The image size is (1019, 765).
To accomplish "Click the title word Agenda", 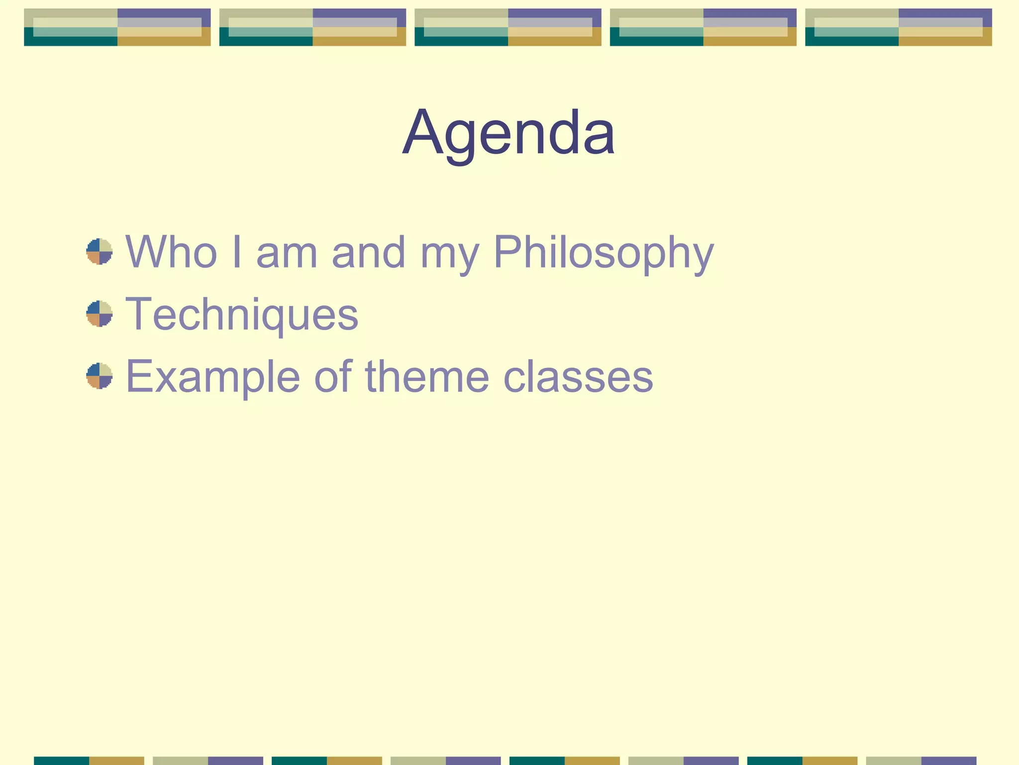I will pos(509,133).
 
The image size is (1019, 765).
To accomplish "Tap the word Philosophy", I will pos(604,253).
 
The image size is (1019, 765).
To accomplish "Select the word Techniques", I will pos(242,314).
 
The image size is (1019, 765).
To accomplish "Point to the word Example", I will pos(213,377).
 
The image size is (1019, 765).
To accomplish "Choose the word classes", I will pos(578,377).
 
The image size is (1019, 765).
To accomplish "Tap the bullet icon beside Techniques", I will pos(100,314).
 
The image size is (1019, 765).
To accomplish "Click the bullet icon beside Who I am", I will pos(100,252).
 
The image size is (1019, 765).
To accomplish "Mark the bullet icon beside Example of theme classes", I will pos(100,376).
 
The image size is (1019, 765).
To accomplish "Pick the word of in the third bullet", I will pos(333,377).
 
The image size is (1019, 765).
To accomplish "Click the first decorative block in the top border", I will pos(117,27).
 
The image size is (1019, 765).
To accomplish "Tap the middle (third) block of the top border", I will pos(508,27).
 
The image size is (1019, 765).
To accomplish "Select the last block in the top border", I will pos(899,27).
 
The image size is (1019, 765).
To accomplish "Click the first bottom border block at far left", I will pos(89,761).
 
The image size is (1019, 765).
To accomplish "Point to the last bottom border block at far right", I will pos(921,761).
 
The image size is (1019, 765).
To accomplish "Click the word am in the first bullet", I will pos(287,253).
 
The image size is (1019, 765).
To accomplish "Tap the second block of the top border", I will pos(312,27).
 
